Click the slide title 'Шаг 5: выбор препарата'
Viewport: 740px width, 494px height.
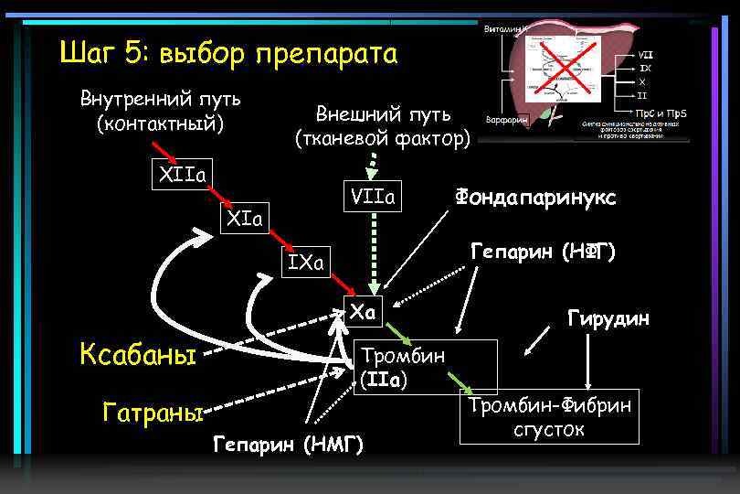click(228, 54)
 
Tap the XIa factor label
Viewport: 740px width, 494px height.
click(244, 219)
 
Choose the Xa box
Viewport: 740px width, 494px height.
click(364, 311)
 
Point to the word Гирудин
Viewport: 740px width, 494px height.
click(608, 318)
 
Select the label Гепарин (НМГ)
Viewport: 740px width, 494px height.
click(288, 445)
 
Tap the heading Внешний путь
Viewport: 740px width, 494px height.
click(383, 114)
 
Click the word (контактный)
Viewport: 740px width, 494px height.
click(161, 122)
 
